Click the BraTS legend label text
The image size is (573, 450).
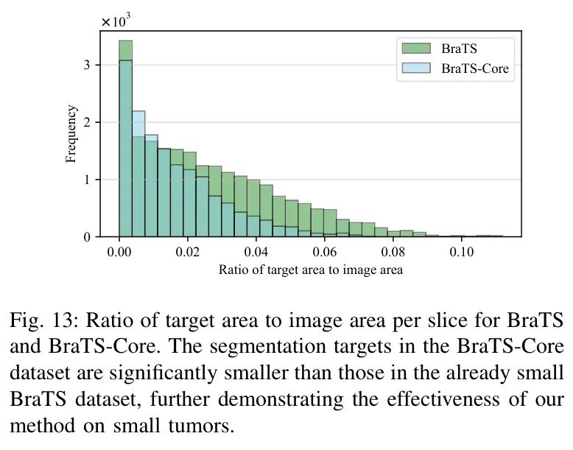pos(459,49)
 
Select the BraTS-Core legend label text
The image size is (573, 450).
pos(475,68)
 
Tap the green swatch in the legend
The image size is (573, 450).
pos(416,49)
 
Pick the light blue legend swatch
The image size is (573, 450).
pos(416,68)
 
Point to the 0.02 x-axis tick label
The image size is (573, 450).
pos(188,252)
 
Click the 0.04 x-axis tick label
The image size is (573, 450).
pos(256,252)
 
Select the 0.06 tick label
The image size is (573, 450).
pos(325,252)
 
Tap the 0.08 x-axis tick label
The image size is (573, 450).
pos(393,252)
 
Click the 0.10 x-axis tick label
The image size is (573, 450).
pos(461,252)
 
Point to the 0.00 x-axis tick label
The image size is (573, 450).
pos(119,252)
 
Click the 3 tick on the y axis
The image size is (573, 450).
pos(87,65)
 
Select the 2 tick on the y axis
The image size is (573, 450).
pos(87,122)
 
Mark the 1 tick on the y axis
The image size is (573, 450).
pos(87,180)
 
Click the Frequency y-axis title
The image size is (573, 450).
pos(71,134)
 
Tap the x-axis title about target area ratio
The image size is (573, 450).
pos(311,270)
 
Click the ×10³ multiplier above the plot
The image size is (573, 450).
pos(116,21)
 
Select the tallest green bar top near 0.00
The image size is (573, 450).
pos(126,41)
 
